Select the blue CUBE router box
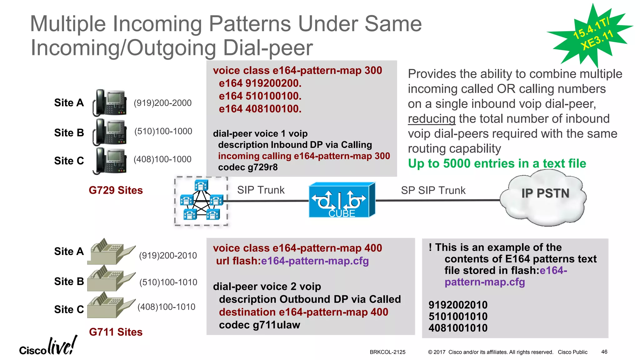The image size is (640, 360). point(341,200)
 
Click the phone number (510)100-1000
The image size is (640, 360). point(163,131)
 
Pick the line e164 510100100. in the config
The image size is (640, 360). point(260,96)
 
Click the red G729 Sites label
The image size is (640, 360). point(116,190)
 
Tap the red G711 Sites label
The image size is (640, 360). point(116,332)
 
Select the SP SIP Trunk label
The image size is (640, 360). point(433,190)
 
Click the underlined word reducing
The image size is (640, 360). point(432,119)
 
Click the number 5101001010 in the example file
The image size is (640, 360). point(458,316)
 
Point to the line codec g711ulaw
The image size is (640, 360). point(259,325)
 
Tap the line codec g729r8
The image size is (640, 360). point(248,167)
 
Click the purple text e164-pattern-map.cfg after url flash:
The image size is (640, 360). point(315,261)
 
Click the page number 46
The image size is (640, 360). point(604,352)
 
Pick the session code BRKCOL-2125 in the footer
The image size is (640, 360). point(387,352)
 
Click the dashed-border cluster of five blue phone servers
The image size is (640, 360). point(201,201)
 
